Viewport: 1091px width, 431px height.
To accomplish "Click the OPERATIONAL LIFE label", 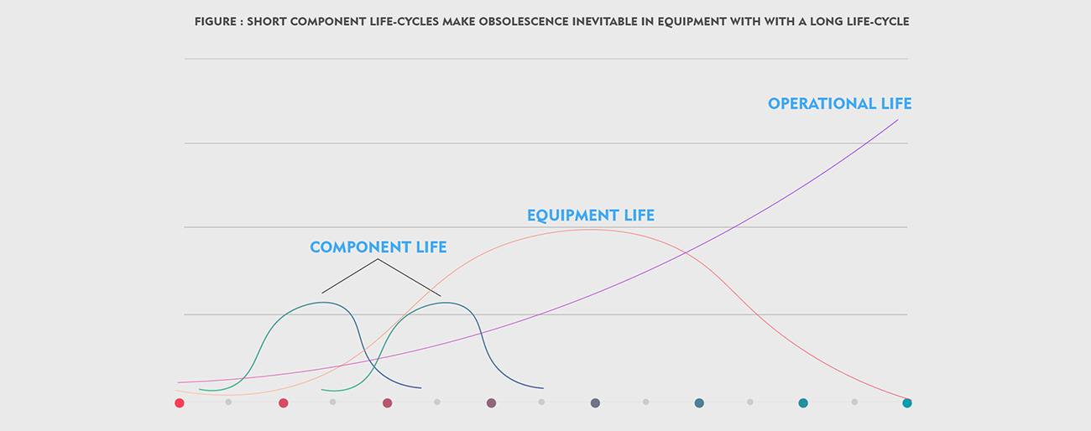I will [839, 104].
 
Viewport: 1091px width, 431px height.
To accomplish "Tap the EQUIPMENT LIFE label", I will [590, 215].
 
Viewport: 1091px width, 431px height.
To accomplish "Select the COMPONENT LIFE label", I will [378, 247].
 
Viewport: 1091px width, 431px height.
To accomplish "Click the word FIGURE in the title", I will [214, 21].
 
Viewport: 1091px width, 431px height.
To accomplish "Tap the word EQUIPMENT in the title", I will [676, 21].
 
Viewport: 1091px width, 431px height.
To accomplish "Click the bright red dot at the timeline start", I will [180, 403].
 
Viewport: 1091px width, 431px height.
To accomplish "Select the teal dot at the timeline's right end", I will [907, 403].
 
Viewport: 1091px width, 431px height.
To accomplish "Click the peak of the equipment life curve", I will [590, 230].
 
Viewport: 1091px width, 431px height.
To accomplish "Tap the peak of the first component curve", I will [325, 302].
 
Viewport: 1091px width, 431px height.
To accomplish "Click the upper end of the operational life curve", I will [897, 120].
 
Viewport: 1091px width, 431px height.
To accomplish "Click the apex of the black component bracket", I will [378, 260].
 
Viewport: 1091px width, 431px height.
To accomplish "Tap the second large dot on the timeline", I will [284, 403].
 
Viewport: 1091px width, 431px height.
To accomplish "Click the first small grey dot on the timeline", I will [228, 402].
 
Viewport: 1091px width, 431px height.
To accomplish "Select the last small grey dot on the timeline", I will [854, 402].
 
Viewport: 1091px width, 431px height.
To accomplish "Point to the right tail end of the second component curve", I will [543, 388].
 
